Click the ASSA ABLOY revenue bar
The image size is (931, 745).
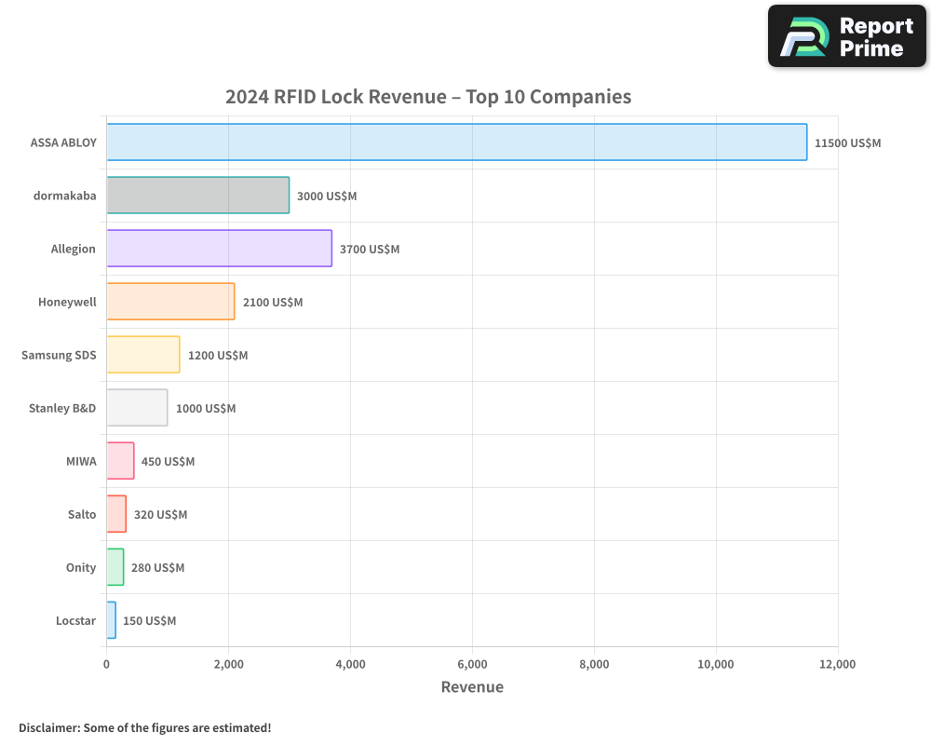point(456,142)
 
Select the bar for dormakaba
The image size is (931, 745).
point(197,196)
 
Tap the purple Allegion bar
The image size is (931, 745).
point(219,249)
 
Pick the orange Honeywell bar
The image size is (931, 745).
point(170,302)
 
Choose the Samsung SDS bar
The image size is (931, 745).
point(142,355)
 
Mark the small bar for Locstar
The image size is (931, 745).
point(111,620)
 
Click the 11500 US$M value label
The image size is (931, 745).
point(847,143)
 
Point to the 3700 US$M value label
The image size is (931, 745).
point(370,250)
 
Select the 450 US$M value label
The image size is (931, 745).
point(168,462)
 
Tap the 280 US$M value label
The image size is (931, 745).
point(157,568)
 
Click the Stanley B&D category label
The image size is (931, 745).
point(62,408)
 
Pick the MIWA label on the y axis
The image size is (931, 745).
point(81,461)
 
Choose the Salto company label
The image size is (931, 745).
point(82,514)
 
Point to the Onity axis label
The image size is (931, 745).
point(81,567)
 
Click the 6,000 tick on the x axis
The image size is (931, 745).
point(472,665)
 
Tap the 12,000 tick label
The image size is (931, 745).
point(837,665)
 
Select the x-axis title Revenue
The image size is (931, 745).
point(472,687)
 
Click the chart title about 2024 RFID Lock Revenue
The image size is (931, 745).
point(428,97)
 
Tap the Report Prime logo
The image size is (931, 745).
point(847,36)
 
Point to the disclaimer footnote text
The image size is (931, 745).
point(145,727)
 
